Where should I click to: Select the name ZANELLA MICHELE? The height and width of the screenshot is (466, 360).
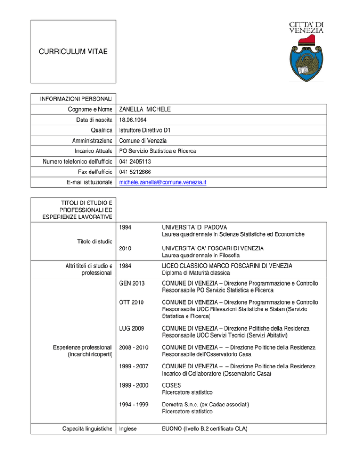point(144,109)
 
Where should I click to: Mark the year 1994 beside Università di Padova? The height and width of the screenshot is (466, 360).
point(127,227)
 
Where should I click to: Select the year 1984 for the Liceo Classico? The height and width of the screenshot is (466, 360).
point(127,266)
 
